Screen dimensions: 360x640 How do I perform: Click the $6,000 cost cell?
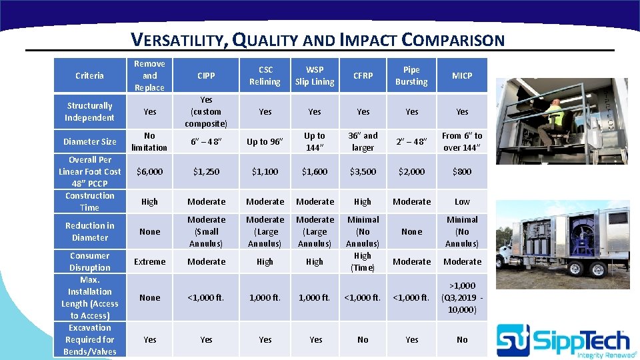(149, 171)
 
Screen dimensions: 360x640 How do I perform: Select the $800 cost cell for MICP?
(462, 171)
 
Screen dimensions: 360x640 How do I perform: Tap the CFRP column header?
(363, 75)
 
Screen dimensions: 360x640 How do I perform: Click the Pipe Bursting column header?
(411, 75)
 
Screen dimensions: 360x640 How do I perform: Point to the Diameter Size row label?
(89, 141)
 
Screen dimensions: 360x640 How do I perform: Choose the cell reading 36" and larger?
(363, 141)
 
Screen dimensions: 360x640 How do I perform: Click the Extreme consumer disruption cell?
(149, 261)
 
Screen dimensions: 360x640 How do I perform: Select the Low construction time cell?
(462, 201)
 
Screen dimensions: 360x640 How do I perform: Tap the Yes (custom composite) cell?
(206, 111)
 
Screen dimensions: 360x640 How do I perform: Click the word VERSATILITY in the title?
(179, 40)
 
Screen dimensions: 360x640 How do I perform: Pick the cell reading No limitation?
(149, 141)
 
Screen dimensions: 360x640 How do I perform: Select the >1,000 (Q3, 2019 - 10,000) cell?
(462, 297)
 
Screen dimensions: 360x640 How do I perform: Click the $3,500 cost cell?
(363, 171)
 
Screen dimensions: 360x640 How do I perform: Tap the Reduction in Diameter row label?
(89, 231)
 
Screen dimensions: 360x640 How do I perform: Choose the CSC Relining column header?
(265, 75)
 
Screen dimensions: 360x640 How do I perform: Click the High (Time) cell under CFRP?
(363, 261)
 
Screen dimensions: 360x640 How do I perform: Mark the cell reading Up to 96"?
(265, 141)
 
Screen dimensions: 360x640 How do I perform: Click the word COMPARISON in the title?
(453, 40)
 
